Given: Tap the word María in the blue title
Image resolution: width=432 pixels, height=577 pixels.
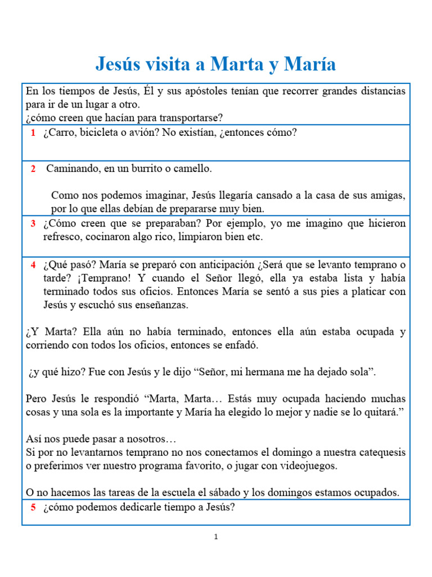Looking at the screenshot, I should pos(310,64).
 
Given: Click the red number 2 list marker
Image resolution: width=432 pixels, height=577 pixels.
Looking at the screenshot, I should pos(33,168).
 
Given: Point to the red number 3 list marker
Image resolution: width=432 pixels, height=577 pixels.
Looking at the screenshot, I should pos(33,224).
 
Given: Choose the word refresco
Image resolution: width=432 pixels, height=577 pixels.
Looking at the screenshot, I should pos(63,237).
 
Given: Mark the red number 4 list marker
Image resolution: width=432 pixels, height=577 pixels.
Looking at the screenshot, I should pos(33,265).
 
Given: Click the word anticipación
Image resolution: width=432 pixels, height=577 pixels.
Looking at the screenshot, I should pos(222,265).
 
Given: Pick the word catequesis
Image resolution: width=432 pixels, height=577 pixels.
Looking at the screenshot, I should pos(376,452).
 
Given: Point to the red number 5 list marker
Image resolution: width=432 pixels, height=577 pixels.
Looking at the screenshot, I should pos(33,507).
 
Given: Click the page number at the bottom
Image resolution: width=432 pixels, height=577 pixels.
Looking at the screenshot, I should pos(215,537).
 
